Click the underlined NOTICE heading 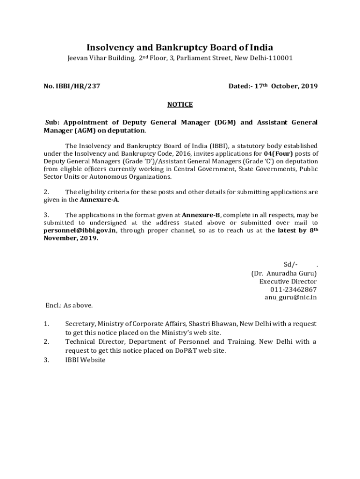[x=180, y=104]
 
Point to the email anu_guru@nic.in [x=290, y=298]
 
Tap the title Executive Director [x=288, y=282]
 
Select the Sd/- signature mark [x=291, y=265]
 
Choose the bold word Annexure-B [x=201, y=215]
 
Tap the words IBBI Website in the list [x=86, y=360]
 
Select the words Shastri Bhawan [x=216, y=324]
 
